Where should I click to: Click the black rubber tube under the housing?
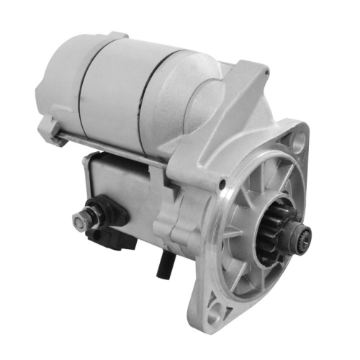(164, 266)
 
